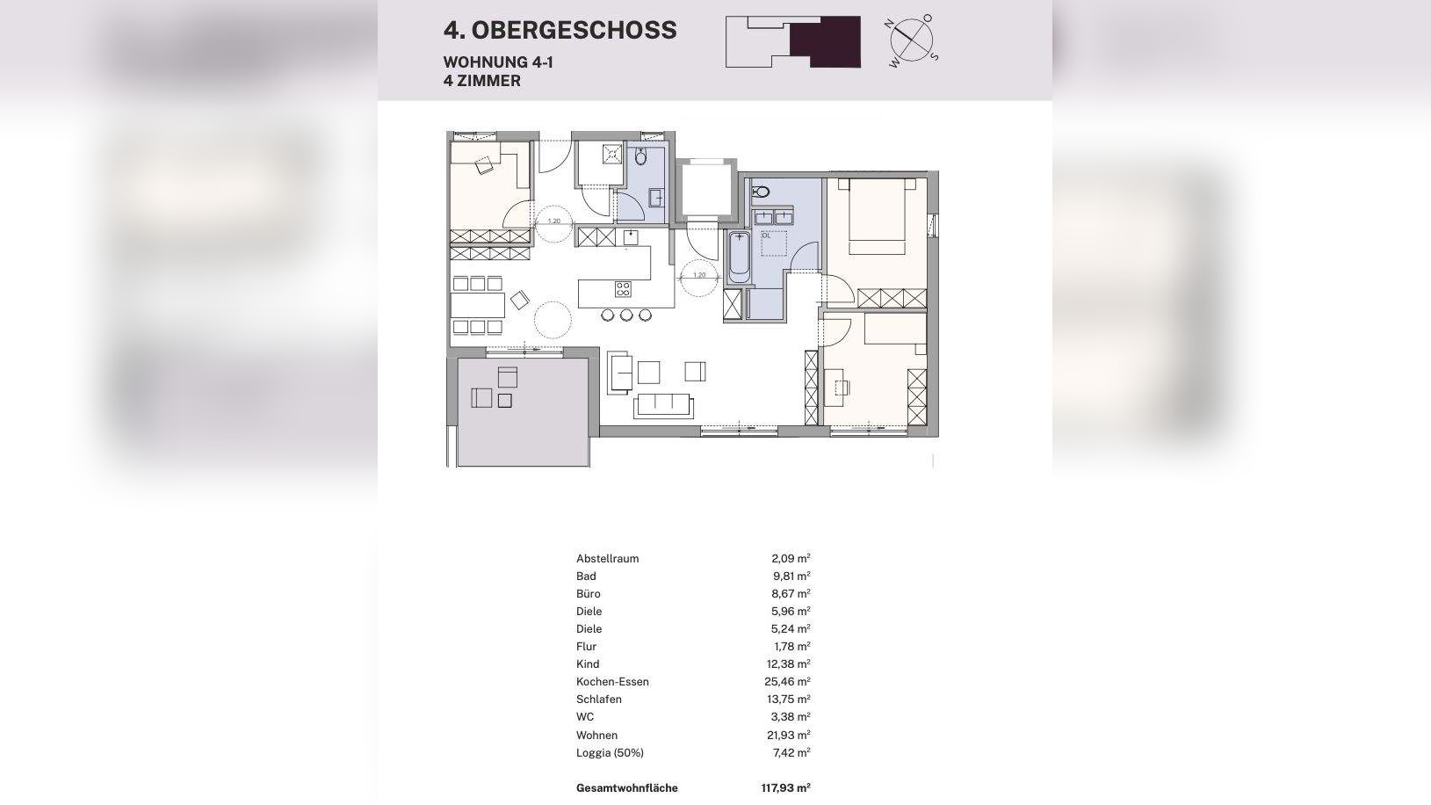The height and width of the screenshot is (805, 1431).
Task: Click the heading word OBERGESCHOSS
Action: tap(574, 30)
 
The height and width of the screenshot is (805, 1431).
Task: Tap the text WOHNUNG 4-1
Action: tap(498, 62)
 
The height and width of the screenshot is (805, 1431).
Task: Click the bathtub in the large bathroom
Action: tap(739, 257)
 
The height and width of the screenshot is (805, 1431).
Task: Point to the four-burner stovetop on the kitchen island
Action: tap(623, 288)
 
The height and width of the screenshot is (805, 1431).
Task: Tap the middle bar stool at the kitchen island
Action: tap(626, 315)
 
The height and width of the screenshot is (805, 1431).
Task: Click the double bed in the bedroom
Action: tap(877, 216)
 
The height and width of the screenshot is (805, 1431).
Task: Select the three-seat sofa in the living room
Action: tap(664, 405)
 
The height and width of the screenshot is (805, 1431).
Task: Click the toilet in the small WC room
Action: tap(640, 158)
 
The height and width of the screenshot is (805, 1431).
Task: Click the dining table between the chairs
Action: tap(478, 305)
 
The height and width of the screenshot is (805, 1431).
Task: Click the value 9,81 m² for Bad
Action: tap(791, 577)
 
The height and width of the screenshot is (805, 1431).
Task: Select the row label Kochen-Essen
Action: tap(612, 682)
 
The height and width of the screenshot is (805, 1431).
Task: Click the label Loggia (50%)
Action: tap(610, 753)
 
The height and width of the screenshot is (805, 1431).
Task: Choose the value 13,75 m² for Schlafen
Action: tap(789, 700)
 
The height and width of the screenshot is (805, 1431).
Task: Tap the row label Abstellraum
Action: tap(607, 559)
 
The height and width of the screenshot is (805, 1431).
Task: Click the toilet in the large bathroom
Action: tap(762, 192)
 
